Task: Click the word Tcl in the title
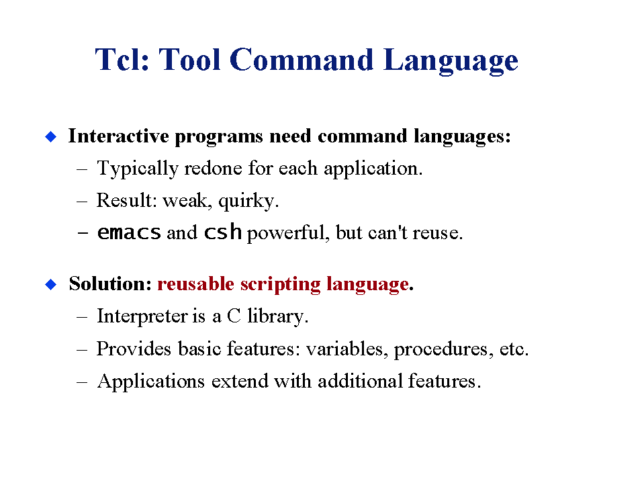[x=122, y=60]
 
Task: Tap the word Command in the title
[x=302, y=60]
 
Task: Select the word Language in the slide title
[x=451, y=61]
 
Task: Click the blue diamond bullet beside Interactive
[x=51, y=136]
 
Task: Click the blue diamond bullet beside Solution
[x=51, y=284]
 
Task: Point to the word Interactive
[x=118, y=136]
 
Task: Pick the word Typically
[x=138, y=169]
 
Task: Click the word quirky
[x=248, y=202]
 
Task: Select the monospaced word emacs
[x=129, y=232]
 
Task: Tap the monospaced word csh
[x=223, y=232]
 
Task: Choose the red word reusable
[x=195, y=283]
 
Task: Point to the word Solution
[x=111, y=283]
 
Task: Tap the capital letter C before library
[x=234, y=316]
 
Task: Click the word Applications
[x=150, y=382]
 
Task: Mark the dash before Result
[x=82, y=202]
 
